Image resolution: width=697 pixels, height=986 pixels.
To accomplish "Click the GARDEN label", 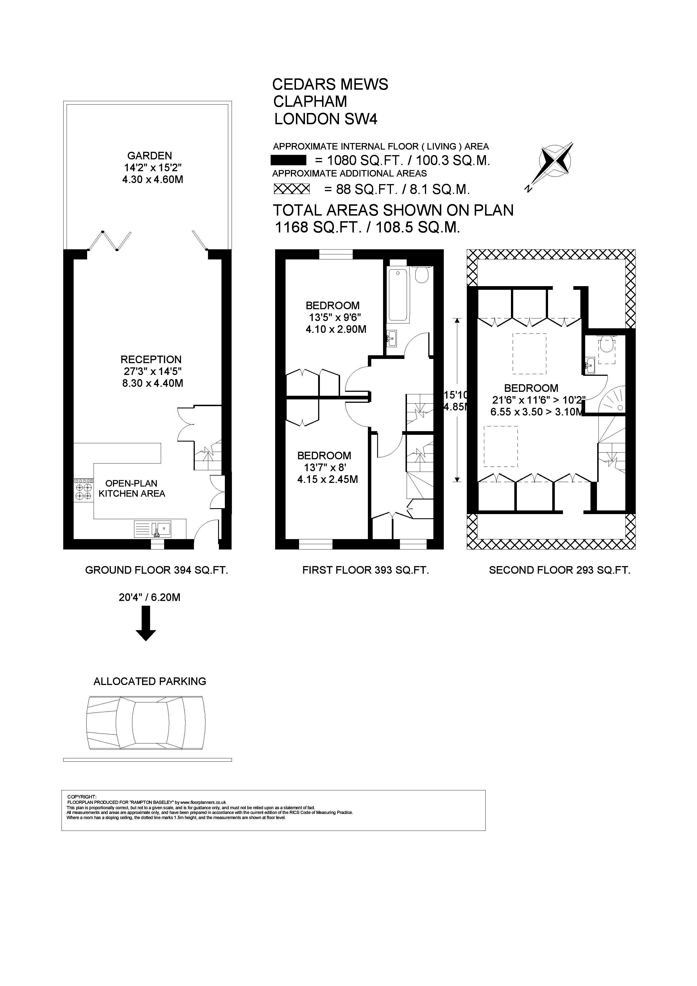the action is pos(150,155).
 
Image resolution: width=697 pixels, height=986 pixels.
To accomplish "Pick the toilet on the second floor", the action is pos(607,343).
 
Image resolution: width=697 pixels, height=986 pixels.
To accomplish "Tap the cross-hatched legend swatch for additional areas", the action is pos(292,189).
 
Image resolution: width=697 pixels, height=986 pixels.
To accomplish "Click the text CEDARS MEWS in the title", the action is pos(330,84).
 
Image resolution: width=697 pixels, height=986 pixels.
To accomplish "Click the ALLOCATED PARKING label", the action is pos(150,681).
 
